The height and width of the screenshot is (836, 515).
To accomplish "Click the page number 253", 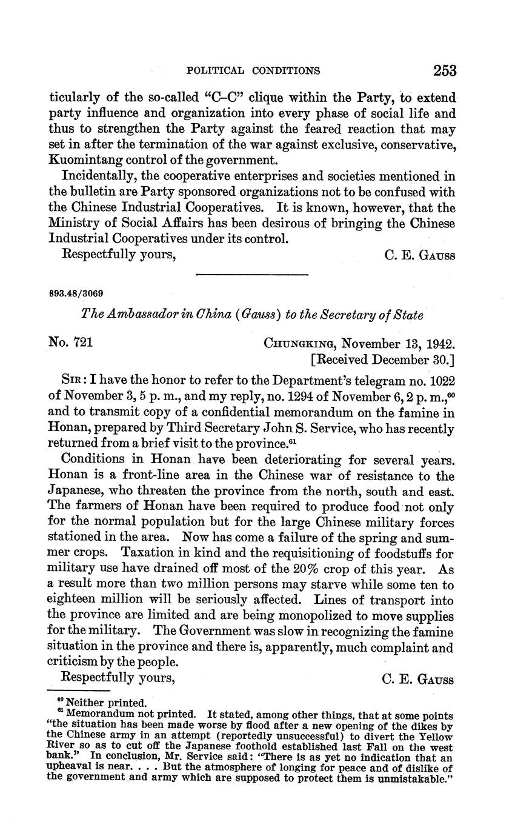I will click(x=444, y=70).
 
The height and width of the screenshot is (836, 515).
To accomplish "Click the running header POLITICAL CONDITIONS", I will click(x=253, y=71).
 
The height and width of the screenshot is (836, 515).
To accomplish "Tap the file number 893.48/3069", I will click(x=76, y=293).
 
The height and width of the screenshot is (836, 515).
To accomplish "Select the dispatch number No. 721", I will click(x=70, y=343).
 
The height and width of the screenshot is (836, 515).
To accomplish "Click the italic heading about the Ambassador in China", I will click(x=252, y=316).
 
